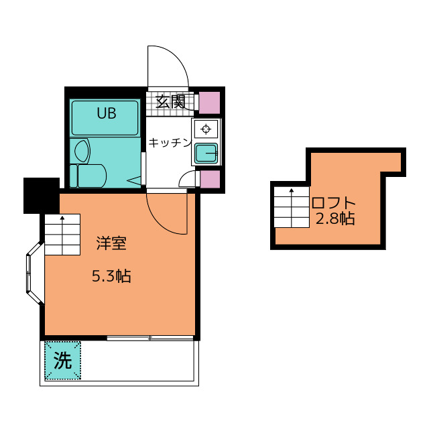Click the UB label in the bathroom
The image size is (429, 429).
(107, 113)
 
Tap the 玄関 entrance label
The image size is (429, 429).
(170, 102)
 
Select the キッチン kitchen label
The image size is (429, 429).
(170, 143)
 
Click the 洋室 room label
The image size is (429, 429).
(111, 243)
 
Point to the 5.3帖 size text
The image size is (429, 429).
(111, 275)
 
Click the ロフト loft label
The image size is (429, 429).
(334, 202)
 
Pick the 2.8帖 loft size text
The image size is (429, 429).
(335, 219)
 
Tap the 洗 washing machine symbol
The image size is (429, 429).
(62, 361)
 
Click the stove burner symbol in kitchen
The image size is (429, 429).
(206, 128)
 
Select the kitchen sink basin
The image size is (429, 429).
(206, 154)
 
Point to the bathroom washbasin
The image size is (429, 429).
(82, 151)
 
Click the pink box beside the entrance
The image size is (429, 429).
(209, 103)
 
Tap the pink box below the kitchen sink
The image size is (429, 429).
(210, 179)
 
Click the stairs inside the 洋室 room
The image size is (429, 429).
(62, 235)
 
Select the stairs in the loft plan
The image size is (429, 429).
(292, 207)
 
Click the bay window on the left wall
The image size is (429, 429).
(35, 273)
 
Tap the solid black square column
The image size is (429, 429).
(42, 196)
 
